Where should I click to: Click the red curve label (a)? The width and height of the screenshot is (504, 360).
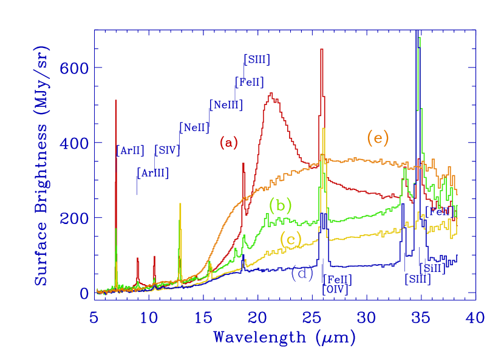click(229, 143)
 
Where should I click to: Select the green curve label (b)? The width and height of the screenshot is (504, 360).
click(281, 205)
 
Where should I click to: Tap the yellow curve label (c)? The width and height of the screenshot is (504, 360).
click(291, 240)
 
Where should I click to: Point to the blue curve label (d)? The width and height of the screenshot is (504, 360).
click(302, 273)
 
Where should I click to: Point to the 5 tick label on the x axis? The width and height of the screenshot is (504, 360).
click(94, 317)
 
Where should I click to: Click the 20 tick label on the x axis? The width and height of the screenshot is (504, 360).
click(257, 317)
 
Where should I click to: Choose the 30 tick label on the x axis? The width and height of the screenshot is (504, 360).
click(366, 317)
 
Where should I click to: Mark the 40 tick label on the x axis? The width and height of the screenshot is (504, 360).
click(475, 317)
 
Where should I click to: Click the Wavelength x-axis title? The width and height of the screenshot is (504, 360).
click(284, 337)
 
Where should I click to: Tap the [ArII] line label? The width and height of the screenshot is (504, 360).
click(130, 150)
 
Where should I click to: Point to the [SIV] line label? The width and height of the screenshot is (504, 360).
click(167, 149)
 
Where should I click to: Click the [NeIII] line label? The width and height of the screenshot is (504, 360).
click(226, 105)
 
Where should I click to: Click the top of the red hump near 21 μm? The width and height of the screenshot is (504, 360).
click(271, 93)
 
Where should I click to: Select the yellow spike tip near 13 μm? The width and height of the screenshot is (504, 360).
click(180, 204)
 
